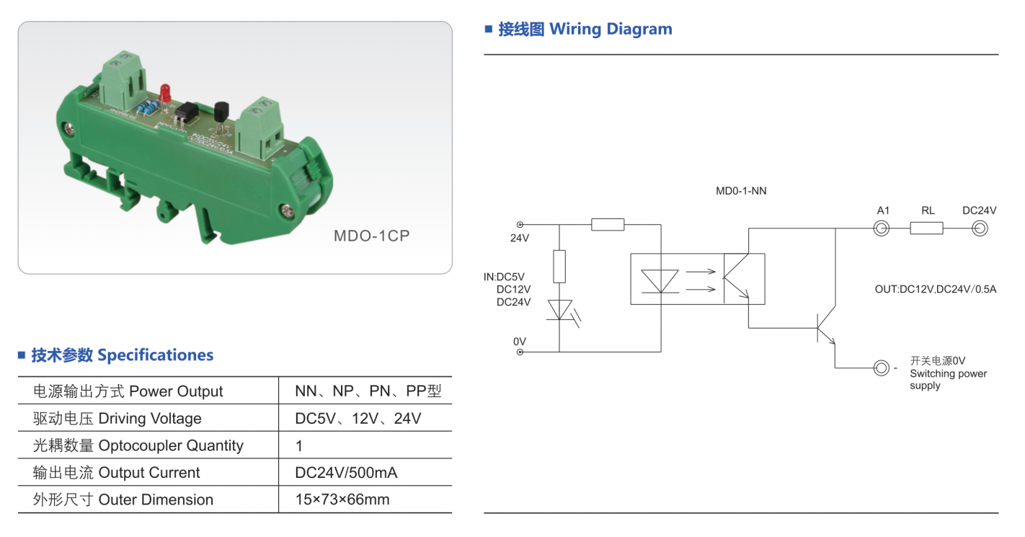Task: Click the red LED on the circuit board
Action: [165, 92]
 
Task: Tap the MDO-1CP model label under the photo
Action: [371, 236]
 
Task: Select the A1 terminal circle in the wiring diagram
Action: [882, 228]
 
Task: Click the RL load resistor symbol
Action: [927, 228]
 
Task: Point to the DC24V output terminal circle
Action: [980, 228]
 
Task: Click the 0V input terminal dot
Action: [520, 352]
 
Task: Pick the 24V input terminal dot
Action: [520, 225]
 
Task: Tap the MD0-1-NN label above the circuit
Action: [741, 191]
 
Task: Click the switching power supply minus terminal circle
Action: [882, 368]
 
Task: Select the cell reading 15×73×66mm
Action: [342, 500]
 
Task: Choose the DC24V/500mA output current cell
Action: [346, 473]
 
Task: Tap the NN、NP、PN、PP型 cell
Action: [368, 391]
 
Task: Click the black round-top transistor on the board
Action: [221, 112]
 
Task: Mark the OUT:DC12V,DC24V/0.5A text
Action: [936, 289]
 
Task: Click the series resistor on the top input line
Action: [608, 225]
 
